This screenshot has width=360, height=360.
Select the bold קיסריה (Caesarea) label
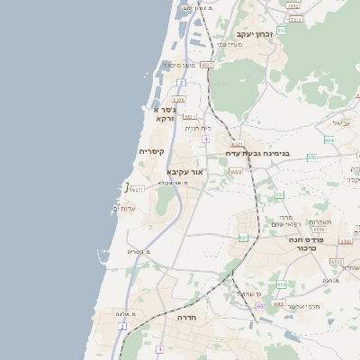coord(150,152)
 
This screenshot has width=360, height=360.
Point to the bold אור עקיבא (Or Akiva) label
coord(185,171)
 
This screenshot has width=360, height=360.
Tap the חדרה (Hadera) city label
coord(187,318)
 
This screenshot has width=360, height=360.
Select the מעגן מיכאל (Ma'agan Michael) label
coord(176,65)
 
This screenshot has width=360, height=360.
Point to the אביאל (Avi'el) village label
coord(341,122)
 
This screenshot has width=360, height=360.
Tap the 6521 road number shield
coord(237,143)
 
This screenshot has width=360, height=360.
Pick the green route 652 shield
coord(281,30)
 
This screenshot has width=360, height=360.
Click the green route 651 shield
coord(243,238)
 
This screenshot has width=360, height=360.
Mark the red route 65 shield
coord(260,307)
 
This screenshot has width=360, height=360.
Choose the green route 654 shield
coord(328,140)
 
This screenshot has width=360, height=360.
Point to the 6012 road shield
coord(207,65)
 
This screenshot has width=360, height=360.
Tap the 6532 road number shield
coord(336,262)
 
